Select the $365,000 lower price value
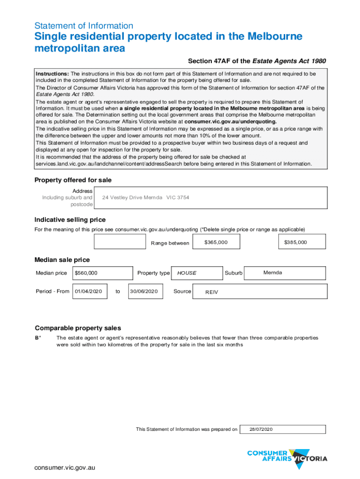point(216,242)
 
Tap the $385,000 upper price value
point(295,242)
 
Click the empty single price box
point(120,242)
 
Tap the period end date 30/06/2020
point(145,291)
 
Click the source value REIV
point(212,292)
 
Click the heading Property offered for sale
point(73,180)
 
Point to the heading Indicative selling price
point(70,220)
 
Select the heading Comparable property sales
point(78,328)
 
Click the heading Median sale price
point(62,260)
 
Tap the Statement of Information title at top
point(84,26)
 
